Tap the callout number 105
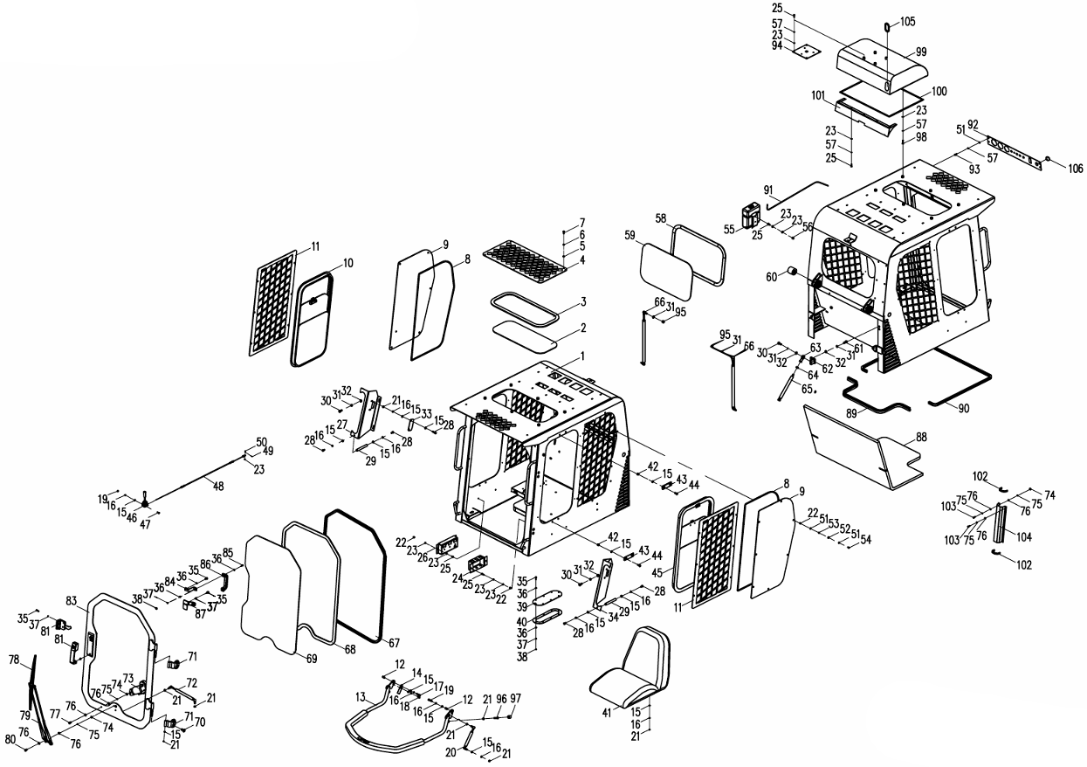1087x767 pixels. [x=907, y=21]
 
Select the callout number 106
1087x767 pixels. [x=1076, y=169]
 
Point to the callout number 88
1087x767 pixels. [x=921, y=437]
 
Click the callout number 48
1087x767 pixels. [x=218, y=486]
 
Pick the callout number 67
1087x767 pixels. [x=394, y=643]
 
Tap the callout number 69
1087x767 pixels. [x=312, y=659]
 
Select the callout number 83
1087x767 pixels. [x=72, y=600]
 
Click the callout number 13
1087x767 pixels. [x=360, y=698]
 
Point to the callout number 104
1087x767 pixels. [x=1024, y=537]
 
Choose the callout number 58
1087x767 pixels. [x=660, y=218]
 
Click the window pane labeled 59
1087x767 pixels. [x=666, y=272]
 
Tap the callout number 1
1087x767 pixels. [x=582, y=356]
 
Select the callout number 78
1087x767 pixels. [x=14, y=660]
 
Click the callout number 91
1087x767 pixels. [x=768, y=190]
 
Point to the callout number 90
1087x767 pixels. [x=964, y=408]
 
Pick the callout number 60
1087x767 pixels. [x=772, y=277]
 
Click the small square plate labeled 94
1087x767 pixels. [x=807, y=52]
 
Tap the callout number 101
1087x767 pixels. [x=818, y=95]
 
